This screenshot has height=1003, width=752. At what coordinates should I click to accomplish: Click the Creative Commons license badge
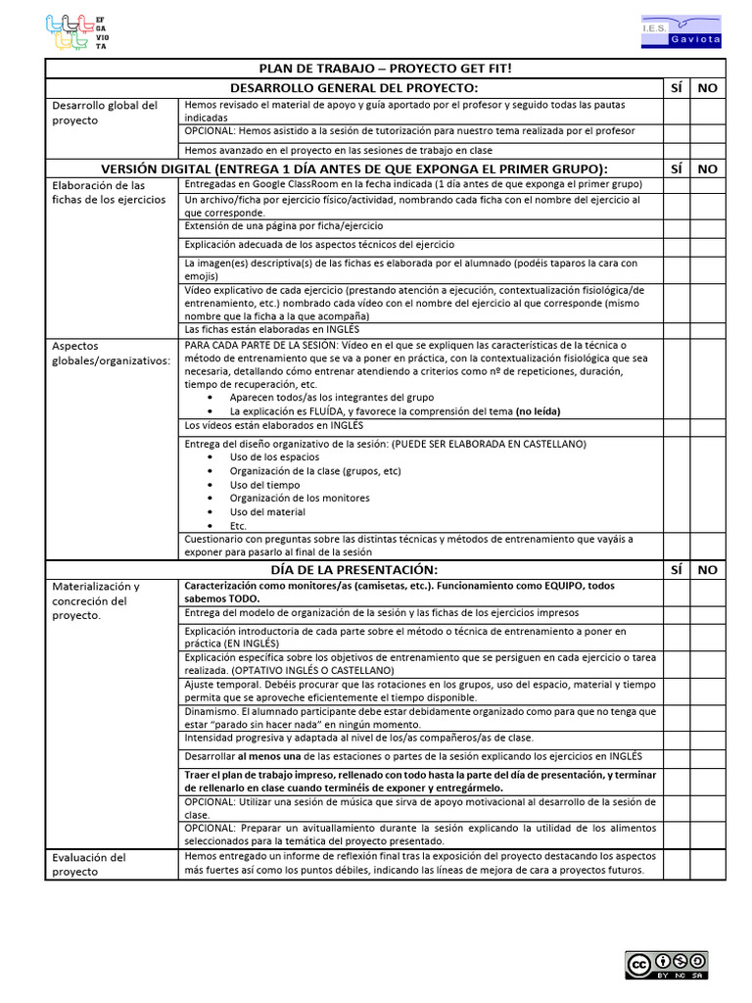coord(668,965)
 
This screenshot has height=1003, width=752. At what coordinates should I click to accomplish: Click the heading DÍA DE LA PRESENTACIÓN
coord(353,569)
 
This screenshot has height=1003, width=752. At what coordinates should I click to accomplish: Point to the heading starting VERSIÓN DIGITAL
coord(353,168)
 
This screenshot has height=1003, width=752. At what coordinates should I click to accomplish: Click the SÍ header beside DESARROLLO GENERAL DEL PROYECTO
coord(676,88)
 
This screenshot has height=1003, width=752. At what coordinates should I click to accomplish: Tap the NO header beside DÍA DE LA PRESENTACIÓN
coord(707,569)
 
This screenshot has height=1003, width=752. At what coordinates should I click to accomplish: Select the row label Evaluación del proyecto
coord(89,864)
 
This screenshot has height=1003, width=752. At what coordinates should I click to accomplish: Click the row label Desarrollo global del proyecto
coord(105,113)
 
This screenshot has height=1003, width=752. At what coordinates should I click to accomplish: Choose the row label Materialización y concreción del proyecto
coord(96,600)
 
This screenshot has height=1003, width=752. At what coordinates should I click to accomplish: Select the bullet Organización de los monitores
coord(292,499)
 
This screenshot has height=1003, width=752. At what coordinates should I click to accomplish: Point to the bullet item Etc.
coord(238,526)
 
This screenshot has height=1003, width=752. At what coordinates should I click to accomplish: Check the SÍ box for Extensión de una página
coord(676,226)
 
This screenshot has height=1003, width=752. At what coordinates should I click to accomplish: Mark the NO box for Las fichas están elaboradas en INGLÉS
coord(707,329)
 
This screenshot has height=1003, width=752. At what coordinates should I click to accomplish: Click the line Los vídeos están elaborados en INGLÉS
coord(273,426)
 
